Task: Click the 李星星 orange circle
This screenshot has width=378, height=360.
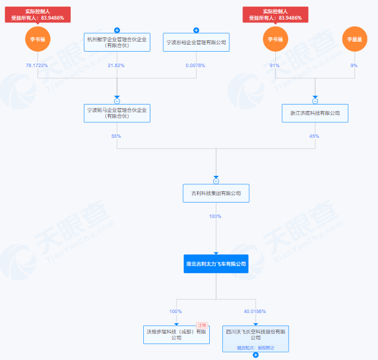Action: click(x=354, y=39)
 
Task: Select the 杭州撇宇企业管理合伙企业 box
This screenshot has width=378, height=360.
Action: click(x=117, y=42)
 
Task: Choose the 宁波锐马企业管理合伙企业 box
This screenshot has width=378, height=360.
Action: click(x=117, y=112)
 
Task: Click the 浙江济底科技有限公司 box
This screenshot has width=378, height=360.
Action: click(x=315, y=113)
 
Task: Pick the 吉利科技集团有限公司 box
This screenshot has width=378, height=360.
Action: click(x=216, y=192)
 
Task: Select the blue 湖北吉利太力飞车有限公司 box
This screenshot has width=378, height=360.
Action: click(x=216, y=263)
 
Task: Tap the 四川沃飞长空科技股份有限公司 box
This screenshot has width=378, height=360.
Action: click(x=256, y=337)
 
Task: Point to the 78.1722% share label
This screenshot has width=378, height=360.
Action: click(x=38, y=65)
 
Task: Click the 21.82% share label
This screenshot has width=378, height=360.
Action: click(x=117, y=65)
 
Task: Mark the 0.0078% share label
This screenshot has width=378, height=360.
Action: click(x=196, y=65)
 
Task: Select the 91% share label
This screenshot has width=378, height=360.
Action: click(x=275, y=65)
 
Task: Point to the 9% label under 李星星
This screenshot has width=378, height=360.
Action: click(x=354, y=65)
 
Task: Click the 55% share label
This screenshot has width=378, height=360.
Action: click(x=117, y=136)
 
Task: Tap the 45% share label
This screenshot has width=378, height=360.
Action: click(x=314, y=136)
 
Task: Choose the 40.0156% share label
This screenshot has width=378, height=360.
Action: click(x=256, y=311)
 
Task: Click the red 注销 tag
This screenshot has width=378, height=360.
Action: click(x=201, y=325)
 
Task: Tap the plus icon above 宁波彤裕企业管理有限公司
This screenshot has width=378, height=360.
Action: click(x=196, y=30)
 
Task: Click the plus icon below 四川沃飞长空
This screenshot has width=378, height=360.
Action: click(x=256, y=355)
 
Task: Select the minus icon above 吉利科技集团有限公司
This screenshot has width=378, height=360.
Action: click(x=216, y=181)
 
